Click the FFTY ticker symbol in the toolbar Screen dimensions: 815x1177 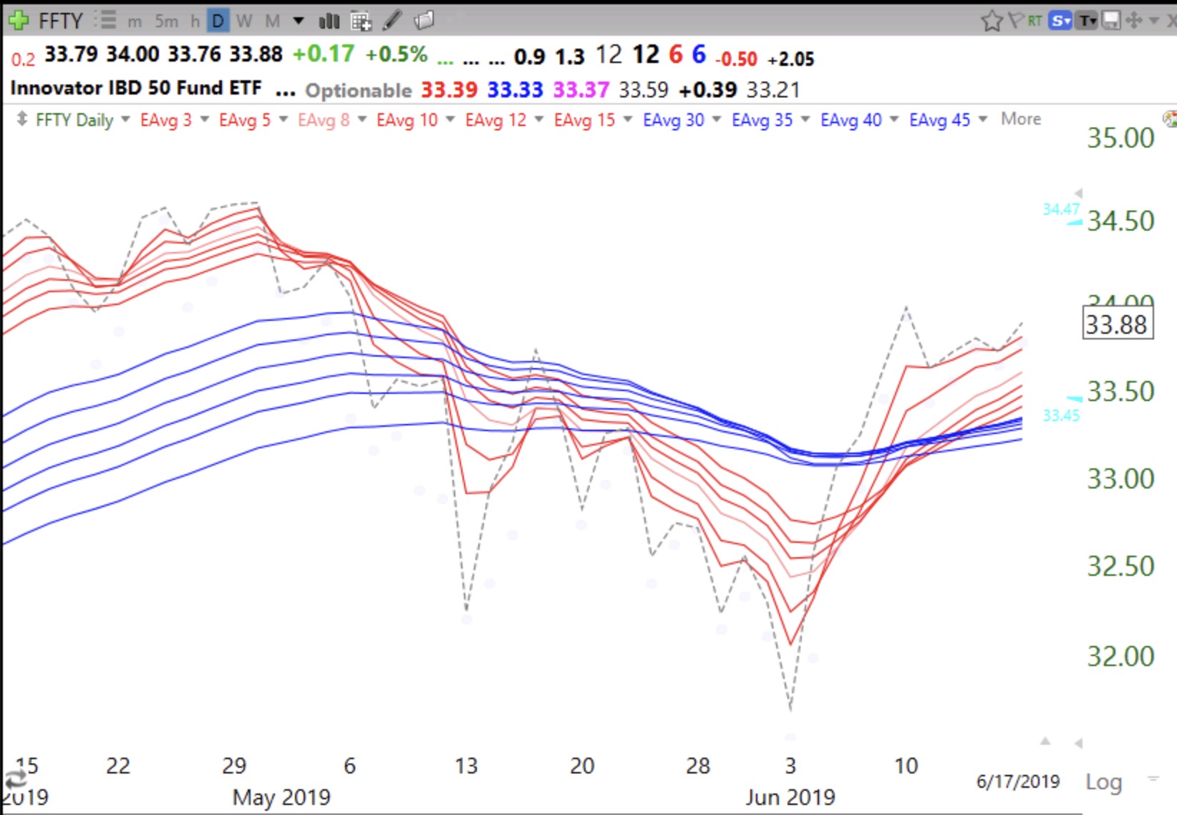point(60,21)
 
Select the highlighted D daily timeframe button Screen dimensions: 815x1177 point(218,21)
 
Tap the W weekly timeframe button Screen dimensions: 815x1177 point(244,21)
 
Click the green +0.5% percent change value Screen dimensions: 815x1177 point(396,54)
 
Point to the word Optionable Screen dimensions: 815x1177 point(358,90)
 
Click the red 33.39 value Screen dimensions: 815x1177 point(449,90)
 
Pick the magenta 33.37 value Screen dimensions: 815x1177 point(581,90)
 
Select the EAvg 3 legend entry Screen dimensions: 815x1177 point(165,120)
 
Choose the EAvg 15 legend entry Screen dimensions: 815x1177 point(584,120)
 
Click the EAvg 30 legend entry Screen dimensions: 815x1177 point(673,120)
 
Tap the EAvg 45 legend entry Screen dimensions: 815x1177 point(939,120)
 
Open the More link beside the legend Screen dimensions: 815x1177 point(1020,119)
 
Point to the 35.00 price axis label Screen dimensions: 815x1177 point(1120,138)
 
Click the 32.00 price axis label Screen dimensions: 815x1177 point(1120,656)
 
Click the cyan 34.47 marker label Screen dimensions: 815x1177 point(1060,209)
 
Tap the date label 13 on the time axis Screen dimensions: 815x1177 point(466,766)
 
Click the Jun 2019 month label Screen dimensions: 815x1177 point(790,797)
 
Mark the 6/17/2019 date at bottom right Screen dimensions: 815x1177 point(1017,781)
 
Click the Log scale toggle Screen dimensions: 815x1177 point(1103,781)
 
